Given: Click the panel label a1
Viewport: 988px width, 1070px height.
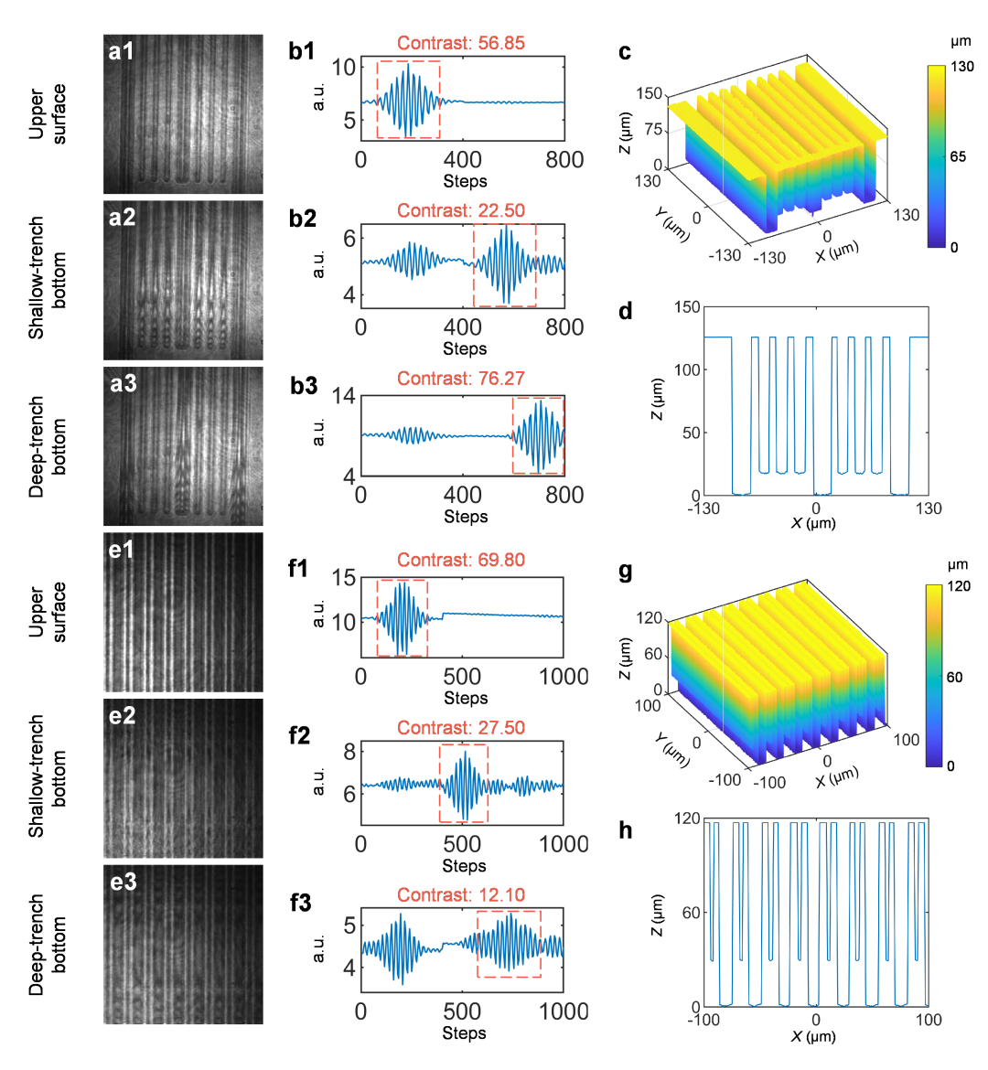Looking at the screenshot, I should (122, 51).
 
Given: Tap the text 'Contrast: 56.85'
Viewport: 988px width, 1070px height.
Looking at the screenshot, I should (461, 43).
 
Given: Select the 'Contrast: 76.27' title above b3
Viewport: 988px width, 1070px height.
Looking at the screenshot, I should (461, 379).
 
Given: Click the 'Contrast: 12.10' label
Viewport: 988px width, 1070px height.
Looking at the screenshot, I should (461, 895).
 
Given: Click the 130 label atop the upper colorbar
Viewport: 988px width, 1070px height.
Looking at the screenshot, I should (961, 67).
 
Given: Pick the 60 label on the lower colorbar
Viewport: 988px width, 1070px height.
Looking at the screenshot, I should (954, 678).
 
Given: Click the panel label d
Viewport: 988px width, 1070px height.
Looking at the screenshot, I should (626, 312).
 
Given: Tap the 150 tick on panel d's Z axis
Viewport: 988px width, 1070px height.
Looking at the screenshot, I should (687, 307).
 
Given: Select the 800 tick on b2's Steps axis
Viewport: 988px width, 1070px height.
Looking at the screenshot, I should (564, 327).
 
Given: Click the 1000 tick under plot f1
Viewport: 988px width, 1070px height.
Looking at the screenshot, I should (564, 677).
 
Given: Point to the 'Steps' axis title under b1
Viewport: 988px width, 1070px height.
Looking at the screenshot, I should (465, 181).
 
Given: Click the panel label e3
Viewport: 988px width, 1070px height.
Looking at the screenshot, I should (123, 883).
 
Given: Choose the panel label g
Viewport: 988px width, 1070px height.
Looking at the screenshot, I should (626, 572).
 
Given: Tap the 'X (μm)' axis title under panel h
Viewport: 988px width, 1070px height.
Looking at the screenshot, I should (813, 1037).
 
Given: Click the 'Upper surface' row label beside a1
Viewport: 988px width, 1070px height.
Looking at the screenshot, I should (47, 114).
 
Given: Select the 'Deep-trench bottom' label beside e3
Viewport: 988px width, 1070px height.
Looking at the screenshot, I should (47, 945).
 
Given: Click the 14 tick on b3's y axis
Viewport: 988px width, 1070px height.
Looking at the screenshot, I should (344, 396).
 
